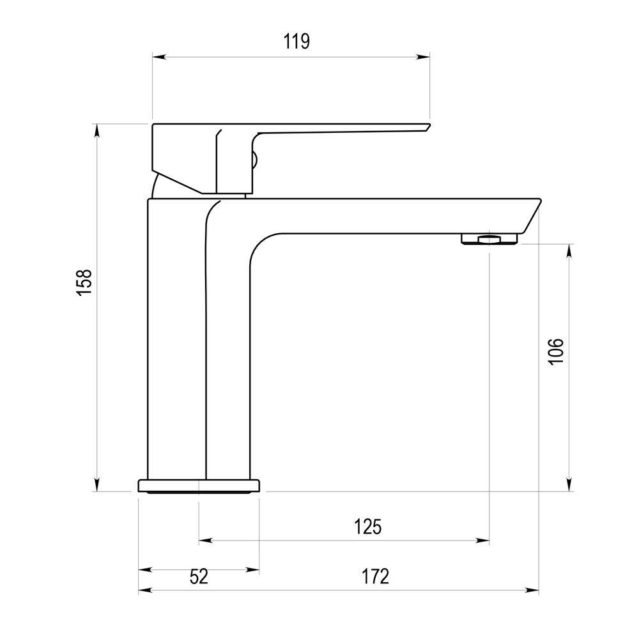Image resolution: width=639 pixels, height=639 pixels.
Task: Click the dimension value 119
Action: tap(296, 42)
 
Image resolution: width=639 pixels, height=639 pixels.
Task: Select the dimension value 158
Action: tap(84, 282)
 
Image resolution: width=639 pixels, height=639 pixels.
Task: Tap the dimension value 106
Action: tap(556, 351)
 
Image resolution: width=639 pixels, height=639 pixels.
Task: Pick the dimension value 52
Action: tap(199, 576)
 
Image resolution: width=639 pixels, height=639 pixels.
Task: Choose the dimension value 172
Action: tap(376, 576)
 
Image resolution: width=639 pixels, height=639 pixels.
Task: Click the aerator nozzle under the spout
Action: tap(489, 239)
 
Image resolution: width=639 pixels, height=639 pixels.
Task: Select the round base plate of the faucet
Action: tap(199, 486)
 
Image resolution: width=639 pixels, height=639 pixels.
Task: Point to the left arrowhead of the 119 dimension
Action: tap(157, 58)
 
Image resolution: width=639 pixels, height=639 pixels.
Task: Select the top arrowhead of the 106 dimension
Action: tap(569, 249)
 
